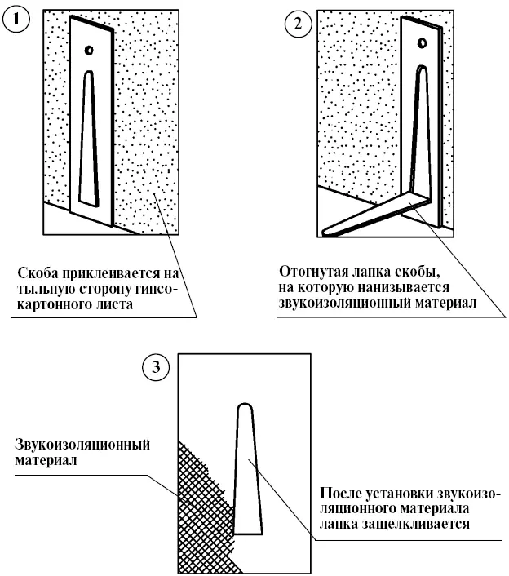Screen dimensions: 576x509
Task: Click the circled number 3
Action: coord(156,369)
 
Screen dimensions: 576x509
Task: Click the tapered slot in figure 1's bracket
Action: coord(89,139)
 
